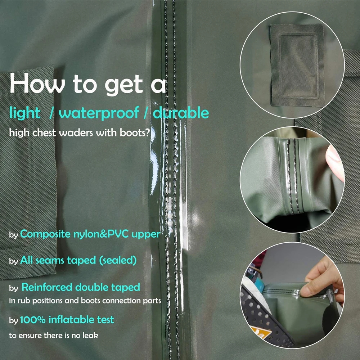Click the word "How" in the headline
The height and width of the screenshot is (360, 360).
tap(37, 83)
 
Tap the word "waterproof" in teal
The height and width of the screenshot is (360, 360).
tap(99, 113)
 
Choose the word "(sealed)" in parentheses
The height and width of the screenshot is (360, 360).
tap(118, 260)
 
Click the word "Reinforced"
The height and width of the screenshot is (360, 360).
tap(47, 287)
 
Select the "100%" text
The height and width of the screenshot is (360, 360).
tap(33, 320)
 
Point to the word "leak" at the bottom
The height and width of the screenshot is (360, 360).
tap(90, 336)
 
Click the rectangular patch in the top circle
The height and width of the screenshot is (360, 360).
tap(297, 65)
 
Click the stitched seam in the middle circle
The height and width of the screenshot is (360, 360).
tap(292, 176)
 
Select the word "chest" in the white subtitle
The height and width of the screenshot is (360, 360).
tap(44, 133)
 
